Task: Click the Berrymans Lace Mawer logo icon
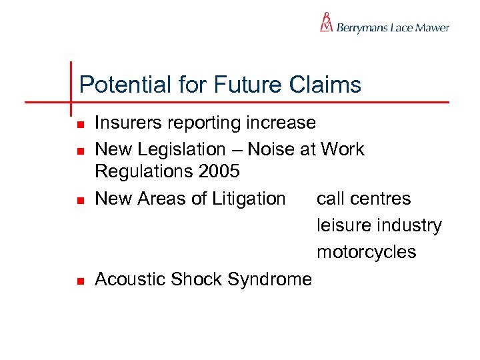pyautogui.click(x=326, y=23)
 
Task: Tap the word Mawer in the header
pyautogui.click(x=433, y=28)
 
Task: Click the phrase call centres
pyautogui.click(x=364, y=199)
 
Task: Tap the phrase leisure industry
pyautogui.click(x=379, y=225)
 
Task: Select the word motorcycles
pyautogui.click(x=366, y=252)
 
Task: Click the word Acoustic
pyautogui.click(x=130, y=279)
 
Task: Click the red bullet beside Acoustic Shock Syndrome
pyautogui.click(x=79, y=281)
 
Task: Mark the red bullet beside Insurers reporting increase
pyautogui.click(x=79, y=125)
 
